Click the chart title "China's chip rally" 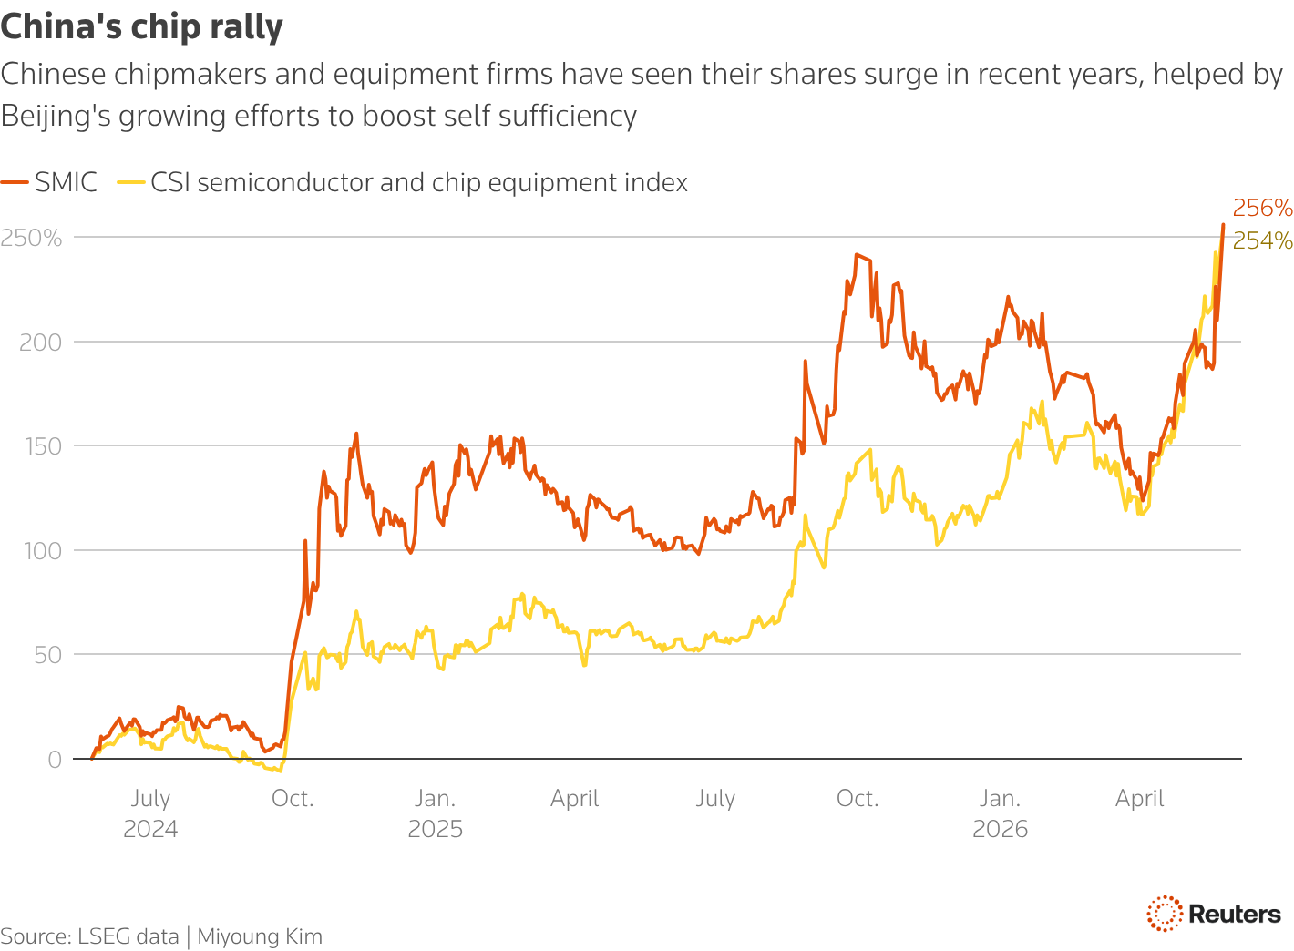coord(141,26)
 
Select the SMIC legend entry coord(48,182)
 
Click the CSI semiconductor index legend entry coord(402,182)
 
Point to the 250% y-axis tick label coord(31,238)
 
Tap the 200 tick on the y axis coord(40,343)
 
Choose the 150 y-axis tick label coord(43,446)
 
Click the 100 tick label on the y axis coord(43,551)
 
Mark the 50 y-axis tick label coord(48,655)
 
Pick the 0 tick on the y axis coord(55,760)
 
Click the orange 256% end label coord(1262,208)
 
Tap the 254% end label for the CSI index coord(1262,240)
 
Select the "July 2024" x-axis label coord(150,813)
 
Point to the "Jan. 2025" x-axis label coord(435,813)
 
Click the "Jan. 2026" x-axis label coord(1000,813)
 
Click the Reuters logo coord(1214,914)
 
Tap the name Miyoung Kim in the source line coord(260,936)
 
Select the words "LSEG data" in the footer coord(128,936)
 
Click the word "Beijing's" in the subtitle coord(56,117)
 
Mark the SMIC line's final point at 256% coord(1223,225)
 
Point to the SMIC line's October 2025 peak coord(856,255)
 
